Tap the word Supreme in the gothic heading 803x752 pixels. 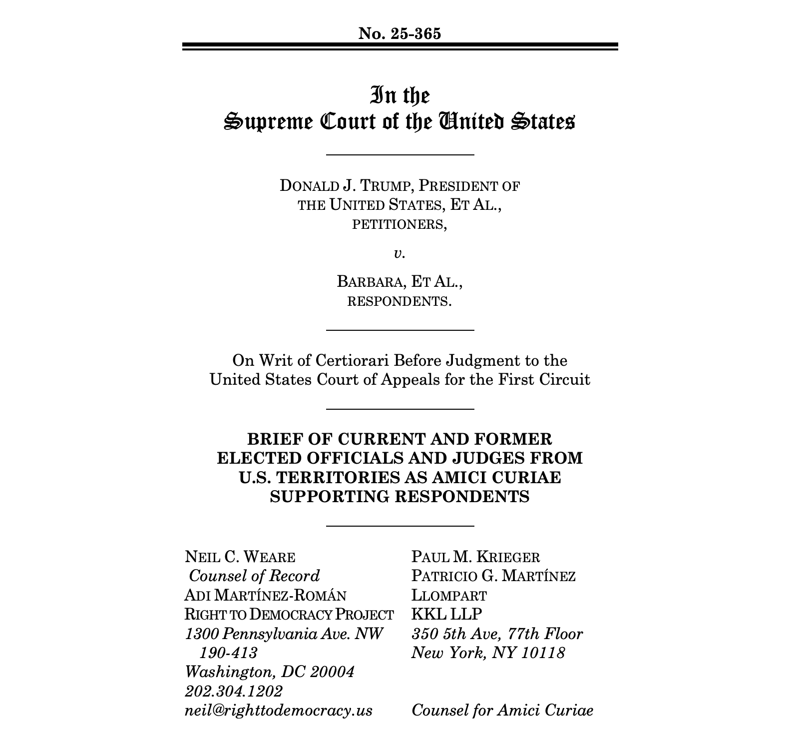(x=266, y=122)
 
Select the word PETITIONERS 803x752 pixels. (x=399, y=224)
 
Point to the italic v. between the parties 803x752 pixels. (x=399, y=254)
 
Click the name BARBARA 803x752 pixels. (x=370, y=282)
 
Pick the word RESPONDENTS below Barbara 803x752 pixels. (x=399, y=302)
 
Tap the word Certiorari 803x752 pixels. (x=347, y=360)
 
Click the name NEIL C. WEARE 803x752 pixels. (x=240, y=557)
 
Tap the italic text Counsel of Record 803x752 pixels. (x=254, y=576)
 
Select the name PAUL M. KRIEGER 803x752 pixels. (x=475, y=557)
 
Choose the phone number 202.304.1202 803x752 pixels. (x=233, y=692)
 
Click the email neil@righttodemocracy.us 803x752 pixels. (x=278, y=711)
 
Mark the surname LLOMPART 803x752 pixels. (x=449, y=596)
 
